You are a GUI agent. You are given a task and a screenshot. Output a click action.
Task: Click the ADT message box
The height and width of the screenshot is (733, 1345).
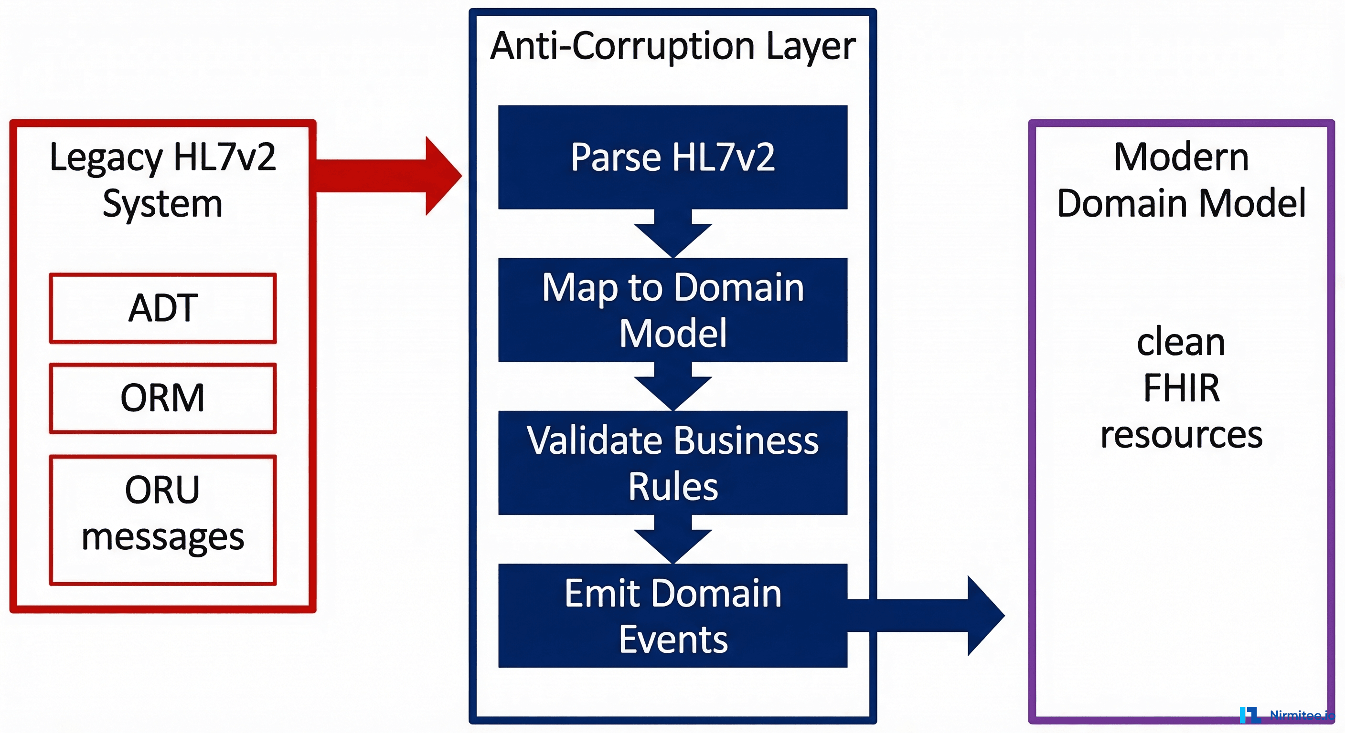point(162,308)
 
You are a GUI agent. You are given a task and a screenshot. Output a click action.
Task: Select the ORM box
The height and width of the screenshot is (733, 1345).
point(162,398)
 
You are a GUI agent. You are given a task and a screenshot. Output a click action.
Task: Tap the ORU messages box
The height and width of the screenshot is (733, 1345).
point(162,520)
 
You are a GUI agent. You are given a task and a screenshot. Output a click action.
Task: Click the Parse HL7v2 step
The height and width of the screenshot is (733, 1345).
point(672,157)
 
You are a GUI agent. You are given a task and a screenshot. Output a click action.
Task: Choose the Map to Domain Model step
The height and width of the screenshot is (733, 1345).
point(672,310)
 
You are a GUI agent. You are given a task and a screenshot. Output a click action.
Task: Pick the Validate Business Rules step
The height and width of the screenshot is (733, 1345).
point(672,463)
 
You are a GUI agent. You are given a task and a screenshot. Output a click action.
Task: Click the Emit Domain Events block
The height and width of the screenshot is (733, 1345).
point(672,616)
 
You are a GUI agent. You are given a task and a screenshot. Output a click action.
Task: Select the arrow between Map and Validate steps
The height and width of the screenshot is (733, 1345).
point(672,387)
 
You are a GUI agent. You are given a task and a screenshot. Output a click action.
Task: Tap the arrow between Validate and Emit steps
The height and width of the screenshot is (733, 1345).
point(672,539)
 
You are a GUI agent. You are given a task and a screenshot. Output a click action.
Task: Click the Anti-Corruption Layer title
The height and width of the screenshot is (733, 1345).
point(672,46)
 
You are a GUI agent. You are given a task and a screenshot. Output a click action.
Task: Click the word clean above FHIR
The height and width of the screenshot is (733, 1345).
point(1181,342)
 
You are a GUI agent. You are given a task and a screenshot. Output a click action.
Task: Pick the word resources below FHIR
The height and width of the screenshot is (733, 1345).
point(1181,435)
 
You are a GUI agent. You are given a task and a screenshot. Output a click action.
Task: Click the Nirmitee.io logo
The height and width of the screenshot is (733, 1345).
point(1287,714)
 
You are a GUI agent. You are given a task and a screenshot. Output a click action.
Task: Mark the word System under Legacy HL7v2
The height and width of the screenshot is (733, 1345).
point(162,203)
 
